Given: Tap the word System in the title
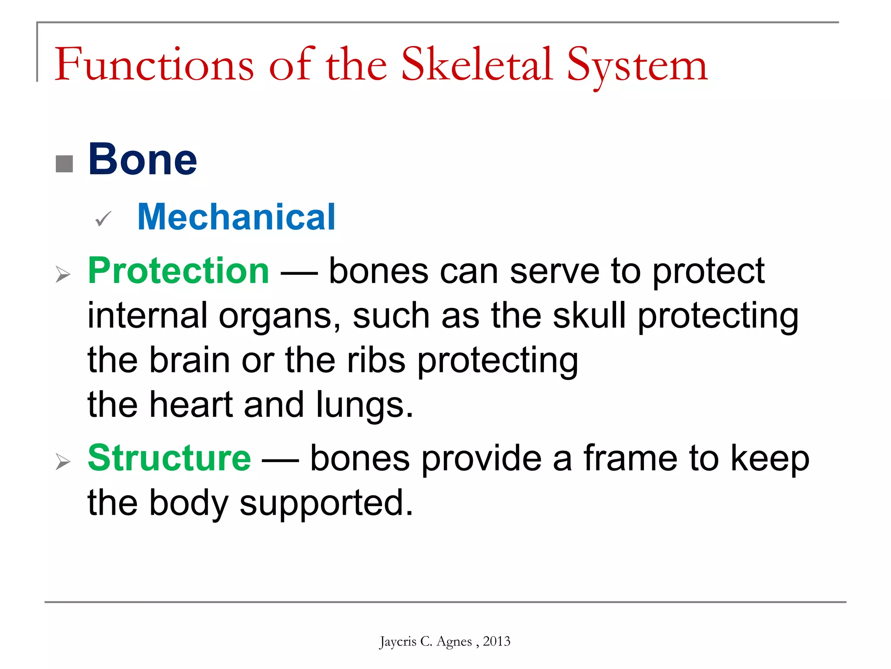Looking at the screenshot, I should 637,65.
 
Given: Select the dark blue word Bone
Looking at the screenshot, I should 143,159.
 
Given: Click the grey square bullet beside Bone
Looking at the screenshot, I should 64,164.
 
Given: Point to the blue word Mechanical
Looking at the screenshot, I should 236,217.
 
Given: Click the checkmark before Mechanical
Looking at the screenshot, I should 103,219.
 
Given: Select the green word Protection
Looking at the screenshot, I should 178,271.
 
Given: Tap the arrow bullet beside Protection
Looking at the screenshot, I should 63,274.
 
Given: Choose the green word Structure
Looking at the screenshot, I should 169,458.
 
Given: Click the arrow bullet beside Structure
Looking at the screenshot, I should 63,461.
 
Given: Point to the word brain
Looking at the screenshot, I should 190,360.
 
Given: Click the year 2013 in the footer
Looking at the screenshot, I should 496,641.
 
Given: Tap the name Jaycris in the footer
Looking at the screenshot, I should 398,642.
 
